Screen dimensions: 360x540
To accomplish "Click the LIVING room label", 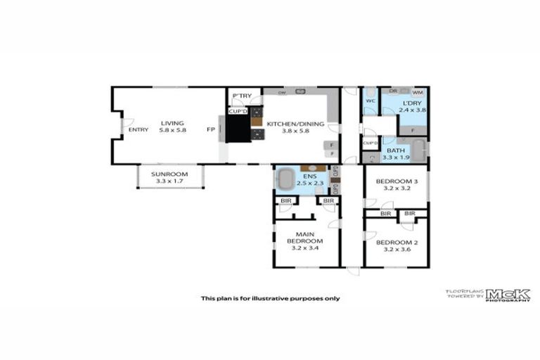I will click(172, 123).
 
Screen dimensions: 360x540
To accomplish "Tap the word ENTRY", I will click(139, 129).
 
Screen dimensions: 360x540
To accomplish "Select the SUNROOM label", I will click(169, 175).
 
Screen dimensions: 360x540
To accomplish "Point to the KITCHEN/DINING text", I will click(295, 124).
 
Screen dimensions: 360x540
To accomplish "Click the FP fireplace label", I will click(210, 129).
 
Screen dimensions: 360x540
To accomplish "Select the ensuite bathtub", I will click(287, 179).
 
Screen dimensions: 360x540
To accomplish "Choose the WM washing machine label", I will click(417, 92).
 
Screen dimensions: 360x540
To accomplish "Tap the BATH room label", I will click(395, 150).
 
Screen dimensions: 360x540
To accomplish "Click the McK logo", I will click(508, 295).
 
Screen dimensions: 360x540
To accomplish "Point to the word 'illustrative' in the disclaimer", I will click(271, 298).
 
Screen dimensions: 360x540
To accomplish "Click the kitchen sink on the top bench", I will click(300, 91).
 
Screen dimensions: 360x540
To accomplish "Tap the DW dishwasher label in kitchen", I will click(281, 92).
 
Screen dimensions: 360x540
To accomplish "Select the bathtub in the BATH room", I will click(418, 150).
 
